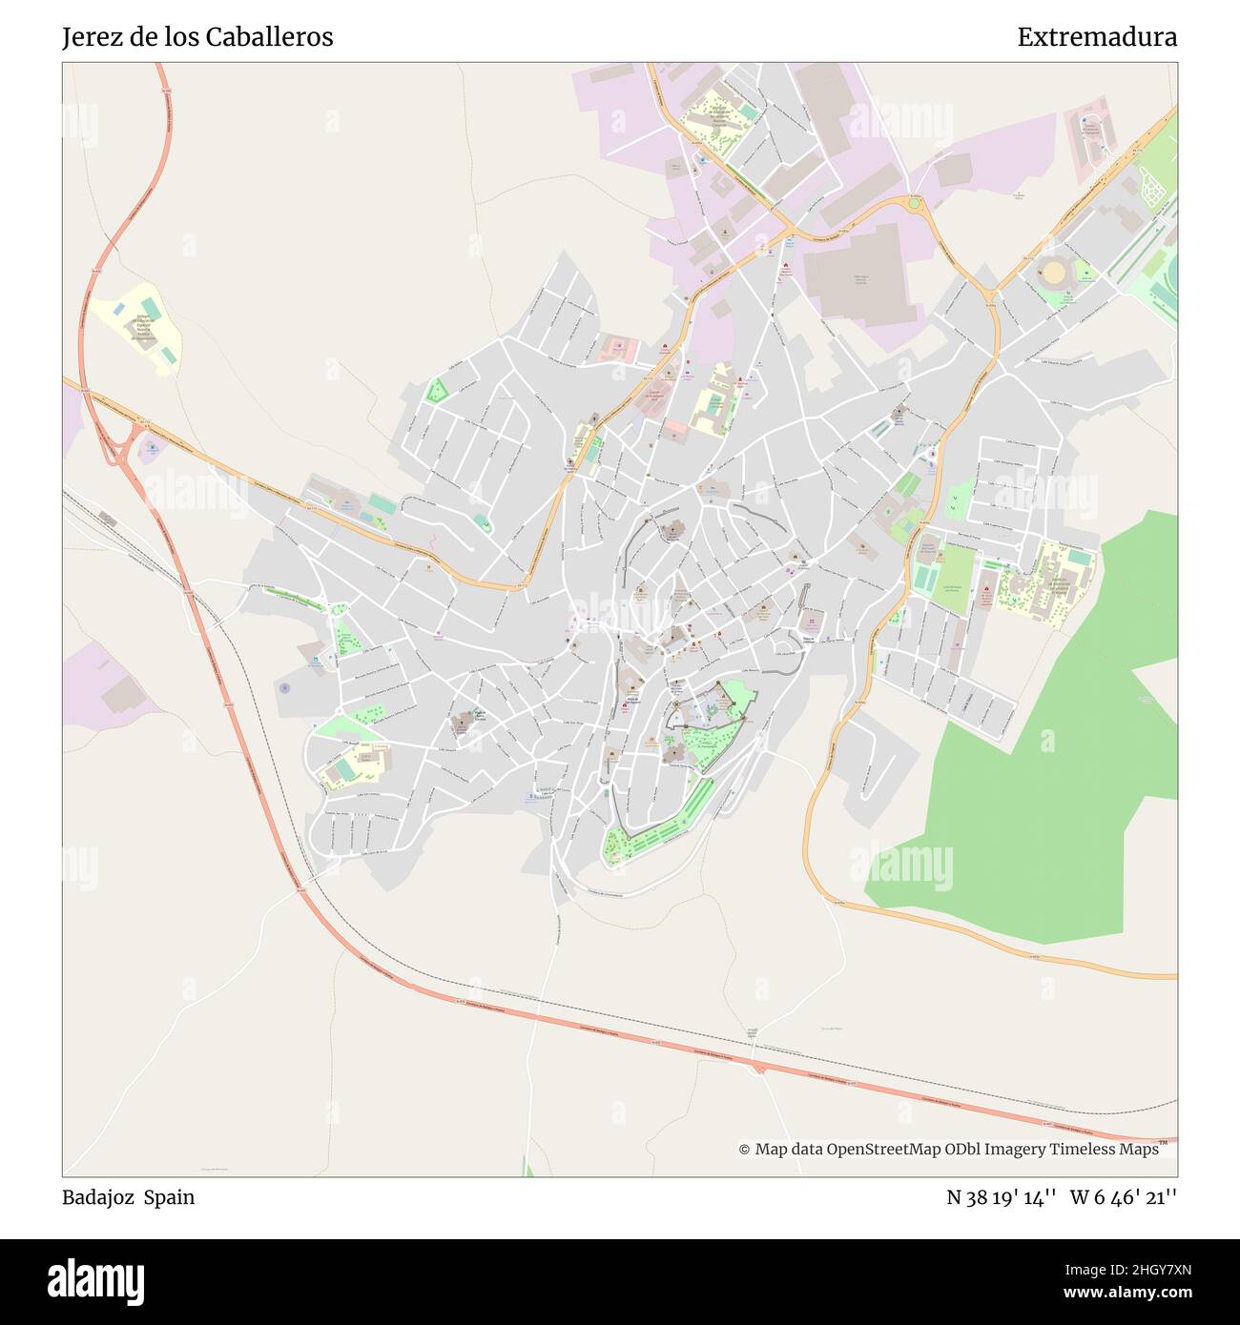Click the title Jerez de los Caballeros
point(197,37)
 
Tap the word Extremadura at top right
point(1097,37)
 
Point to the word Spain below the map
point(170,1197)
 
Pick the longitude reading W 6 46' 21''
point(1124,1197)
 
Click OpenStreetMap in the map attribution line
point(883,1150)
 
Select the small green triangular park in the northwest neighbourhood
point(436,391)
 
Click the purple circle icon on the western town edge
point(284,686)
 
